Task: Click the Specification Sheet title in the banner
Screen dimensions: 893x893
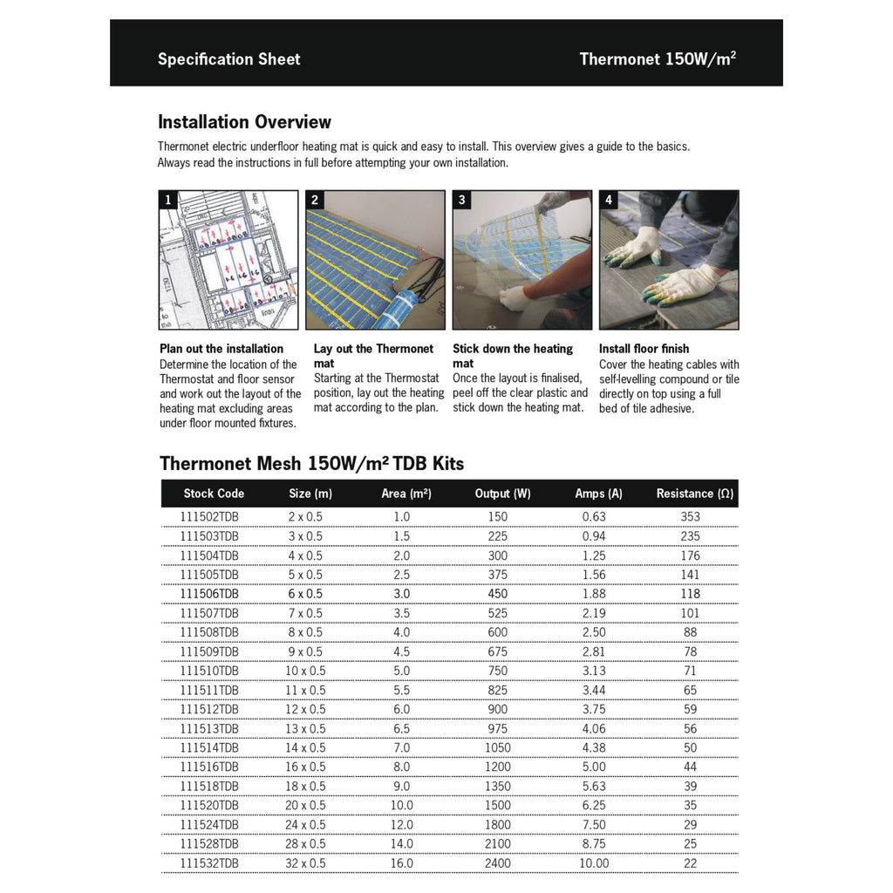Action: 228,59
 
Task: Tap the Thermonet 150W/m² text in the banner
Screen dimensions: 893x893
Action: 658,59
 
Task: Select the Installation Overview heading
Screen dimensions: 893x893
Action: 244,122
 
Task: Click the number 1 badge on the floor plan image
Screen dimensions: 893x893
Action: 168,201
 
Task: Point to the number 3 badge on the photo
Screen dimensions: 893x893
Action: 462,201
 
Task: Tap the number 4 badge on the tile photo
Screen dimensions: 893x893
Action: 609,201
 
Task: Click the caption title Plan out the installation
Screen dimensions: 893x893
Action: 222,349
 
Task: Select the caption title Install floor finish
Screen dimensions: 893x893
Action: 644,349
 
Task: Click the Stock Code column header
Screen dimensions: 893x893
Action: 214,494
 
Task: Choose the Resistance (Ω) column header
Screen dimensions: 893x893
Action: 694,494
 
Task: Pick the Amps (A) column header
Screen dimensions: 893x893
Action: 598,494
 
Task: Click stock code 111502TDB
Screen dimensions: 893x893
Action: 209,517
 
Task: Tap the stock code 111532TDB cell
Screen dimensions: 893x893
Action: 209,863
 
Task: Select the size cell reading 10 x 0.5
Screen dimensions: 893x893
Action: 305,671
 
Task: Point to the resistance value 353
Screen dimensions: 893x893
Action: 690,517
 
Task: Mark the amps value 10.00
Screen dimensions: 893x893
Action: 593,863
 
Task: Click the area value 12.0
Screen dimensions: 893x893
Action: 401,825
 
